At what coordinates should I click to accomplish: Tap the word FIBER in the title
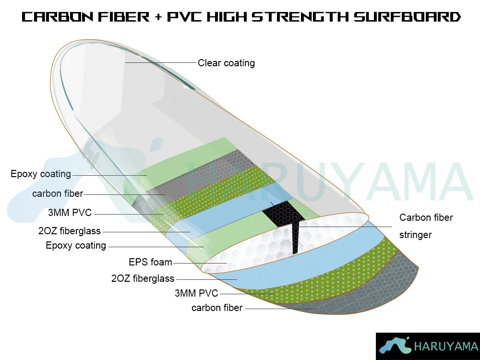click(x=124, y=16)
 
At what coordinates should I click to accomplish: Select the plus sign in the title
click(x=158, y=17)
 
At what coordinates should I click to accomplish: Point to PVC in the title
click(x=184, y=16)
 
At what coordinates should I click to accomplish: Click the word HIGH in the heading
click(x=227, y=16)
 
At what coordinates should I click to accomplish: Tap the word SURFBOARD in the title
click(x=407, y=16)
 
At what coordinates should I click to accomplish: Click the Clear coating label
click(x=226, y=63)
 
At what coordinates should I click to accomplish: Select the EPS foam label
click(x=150, y=262)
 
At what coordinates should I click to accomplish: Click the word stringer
click(x=415, y=235)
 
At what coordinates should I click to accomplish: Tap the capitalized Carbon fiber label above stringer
click(x=426, y=217)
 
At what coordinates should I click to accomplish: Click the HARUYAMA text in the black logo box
click(x=446, y=346)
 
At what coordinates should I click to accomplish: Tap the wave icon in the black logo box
click(x=395, y=346)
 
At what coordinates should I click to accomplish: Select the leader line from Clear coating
click(x=160, y=62)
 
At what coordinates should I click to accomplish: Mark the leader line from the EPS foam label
click(x=200, y=263)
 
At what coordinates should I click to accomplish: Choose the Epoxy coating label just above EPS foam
click(x=76, y=245)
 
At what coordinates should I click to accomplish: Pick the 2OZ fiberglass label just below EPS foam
click(x=143, y=278)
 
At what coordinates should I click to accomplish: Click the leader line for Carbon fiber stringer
click(x=345, y=227)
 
